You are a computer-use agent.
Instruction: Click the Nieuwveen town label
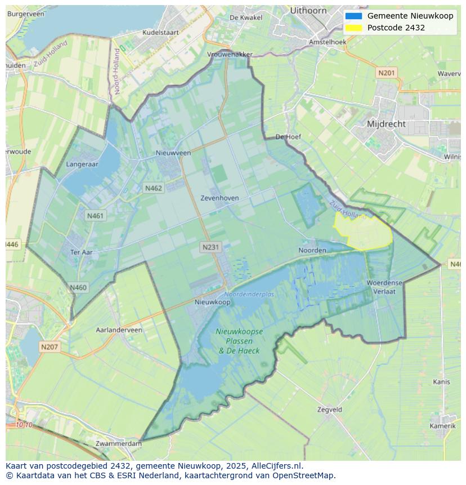click(173, 153)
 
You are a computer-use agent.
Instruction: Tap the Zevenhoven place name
click(219, 198)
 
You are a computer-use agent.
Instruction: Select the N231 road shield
click(210, 247)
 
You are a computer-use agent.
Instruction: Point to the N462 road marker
click(153, 188)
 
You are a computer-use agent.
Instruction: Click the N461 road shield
click(95, 215)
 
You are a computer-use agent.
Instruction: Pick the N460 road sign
click(78, 287)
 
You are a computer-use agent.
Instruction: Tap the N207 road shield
click(49, 347)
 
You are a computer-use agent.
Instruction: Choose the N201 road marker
click(387, 73)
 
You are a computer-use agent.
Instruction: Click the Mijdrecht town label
click(386, 124)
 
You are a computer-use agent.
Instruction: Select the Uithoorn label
click(308, 10)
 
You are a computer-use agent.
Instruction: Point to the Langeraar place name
click(82, 164)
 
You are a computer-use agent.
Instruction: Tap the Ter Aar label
click(81, 252)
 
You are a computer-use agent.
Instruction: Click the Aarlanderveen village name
click(119, 330)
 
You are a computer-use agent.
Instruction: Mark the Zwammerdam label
click(119, 443)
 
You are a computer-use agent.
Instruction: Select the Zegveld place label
click(329, 410)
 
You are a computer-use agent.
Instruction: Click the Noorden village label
click(312, 250)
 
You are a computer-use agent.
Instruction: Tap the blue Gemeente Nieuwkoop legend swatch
click(353, 16)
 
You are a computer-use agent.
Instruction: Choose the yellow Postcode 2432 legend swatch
click(353, 28)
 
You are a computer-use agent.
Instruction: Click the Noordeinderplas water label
click(249, 294)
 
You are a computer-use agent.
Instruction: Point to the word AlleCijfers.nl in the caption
click(275, 466)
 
